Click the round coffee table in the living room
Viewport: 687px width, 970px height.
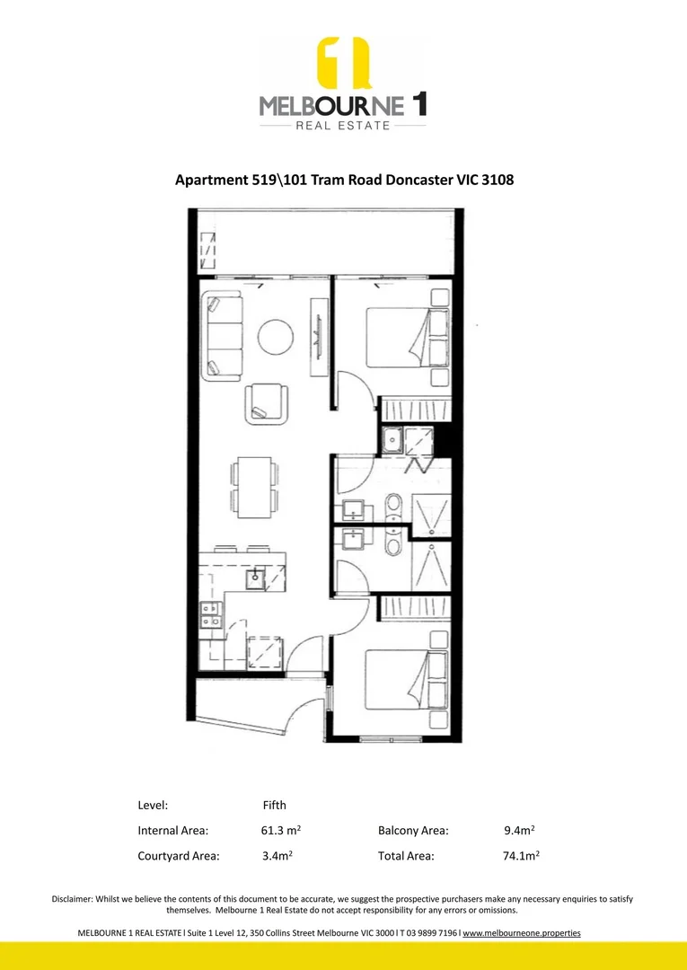point(276,337)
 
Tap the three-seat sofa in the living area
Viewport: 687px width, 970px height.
point(222,336)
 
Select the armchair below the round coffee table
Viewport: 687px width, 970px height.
point(268,401)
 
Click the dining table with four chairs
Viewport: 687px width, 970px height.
point(253,485)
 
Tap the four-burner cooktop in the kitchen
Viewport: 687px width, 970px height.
point(212,615)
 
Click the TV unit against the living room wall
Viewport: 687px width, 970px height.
point(317,337)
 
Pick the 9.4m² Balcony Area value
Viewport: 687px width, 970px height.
point(520,831)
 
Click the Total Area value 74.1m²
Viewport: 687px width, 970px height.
point(521,856)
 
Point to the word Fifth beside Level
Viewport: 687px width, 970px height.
point(274,805)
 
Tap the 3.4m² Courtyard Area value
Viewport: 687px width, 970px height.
point(276,856)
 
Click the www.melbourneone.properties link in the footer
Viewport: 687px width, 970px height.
point(522,933)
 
